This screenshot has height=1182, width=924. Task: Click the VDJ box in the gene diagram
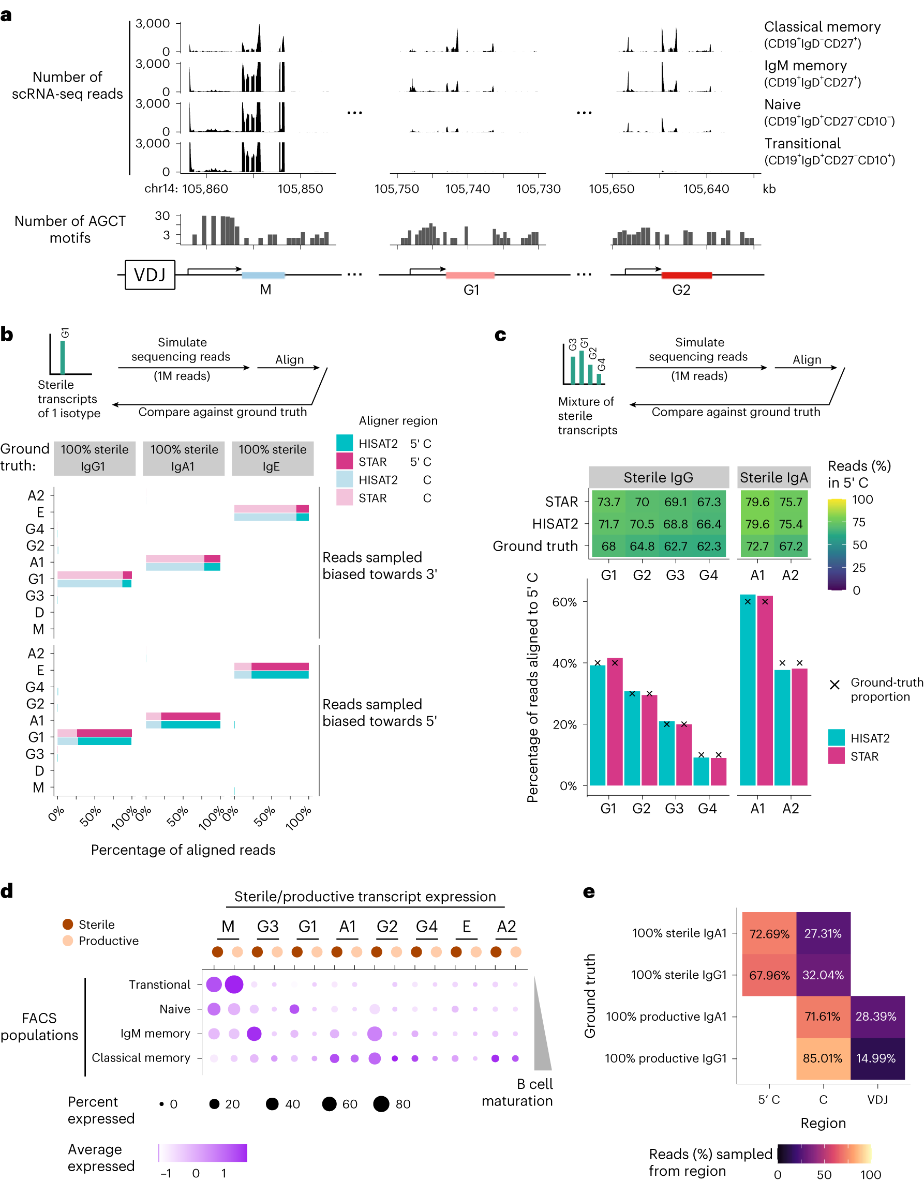(150, 275)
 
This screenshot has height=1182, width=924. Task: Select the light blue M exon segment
(263, 275)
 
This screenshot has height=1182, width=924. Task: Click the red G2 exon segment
(686, 275)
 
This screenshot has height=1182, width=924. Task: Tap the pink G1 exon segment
(470, 275)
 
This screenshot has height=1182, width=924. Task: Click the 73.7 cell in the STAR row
(608, 502)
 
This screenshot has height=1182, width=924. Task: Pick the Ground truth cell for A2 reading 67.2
(790, 546)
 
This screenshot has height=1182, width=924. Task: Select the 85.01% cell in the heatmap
(822, 1058)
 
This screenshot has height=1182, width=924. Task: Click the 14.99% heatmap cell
(876, 1058)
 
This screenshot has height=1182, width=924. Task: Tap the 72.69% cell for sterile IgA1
(769, 934)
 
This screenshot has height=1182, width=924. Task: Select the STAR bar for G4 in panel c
(718, 771)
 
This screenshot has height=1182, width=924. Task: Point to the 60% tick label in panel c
(564, 602)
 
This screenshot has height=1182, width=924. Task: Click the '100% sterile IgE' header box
(273, 458)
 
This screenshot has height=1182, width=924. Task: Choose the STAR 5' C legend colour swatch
(345, 462)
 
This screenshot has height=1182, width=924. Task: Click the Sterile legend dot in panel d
(68, 924)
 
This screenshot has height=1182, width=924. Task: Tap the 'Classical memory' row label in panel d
(141, 1057)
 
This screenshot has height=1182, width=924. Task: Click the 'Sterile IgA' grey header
(773, 477)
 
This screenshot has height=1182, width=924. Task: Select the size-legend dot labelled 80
(381, 1103)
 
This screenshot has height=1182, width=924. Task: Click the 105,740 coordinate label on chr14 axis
(467, 189)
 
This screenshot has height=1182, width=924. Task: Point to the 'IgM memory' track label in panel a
(805, 66)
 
